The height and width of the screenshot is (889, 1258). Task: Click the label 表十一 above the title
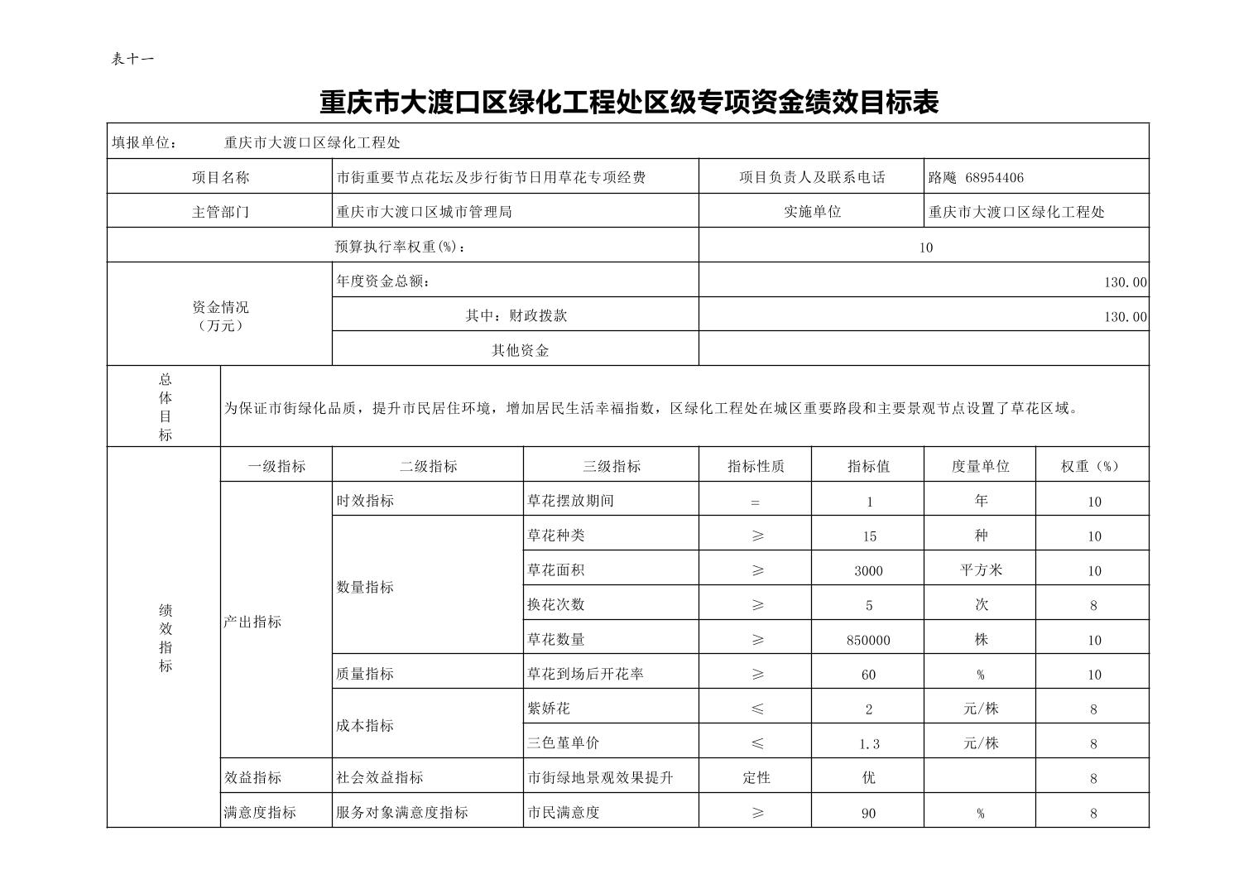coord(132,59)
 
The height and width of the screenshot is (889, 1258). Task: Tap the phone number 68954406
coord(994,177)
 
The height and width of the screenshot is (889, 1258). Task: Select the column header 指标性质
coord(755,466)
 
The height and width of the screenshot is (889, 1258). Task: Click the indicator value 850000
coord(868,640)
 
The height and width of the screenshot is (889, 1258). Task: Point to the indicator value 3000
coord(868,570)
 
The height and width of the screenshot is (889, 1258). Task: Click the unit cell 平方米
coord(981,570)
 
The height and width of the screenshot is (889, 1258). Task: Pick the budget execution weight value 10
coord(925,247)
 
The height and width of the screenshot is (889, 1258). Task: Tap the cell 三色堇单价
coord(563,743)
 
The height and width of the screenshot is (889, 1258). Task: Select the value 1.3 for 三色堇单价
coord(868,744)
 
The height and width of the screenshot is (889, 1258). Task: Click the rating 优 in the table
coord(868,778)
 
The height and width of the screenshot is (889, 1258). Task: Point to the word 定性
coord(755,778)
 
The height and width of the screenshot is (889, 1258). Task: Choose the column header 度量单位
coord(980,466)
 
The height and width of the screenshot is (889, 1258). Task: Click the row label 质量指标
coord(365,674)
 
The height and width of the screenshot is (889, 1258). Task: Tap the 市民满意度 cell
coord(563,813)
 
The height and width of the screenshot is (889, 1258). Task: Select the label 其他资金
coord(520,350)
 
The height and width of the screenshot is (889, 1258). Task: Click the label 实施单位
coord(812,212)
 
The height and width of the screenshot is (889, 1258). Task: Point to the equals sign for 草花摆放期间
coord(755,502)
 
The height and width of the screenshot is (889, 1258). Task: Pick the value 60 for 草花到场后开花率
coord(868,675)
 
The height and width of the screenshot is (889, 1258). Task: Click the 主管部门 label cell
coord(220,212)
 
